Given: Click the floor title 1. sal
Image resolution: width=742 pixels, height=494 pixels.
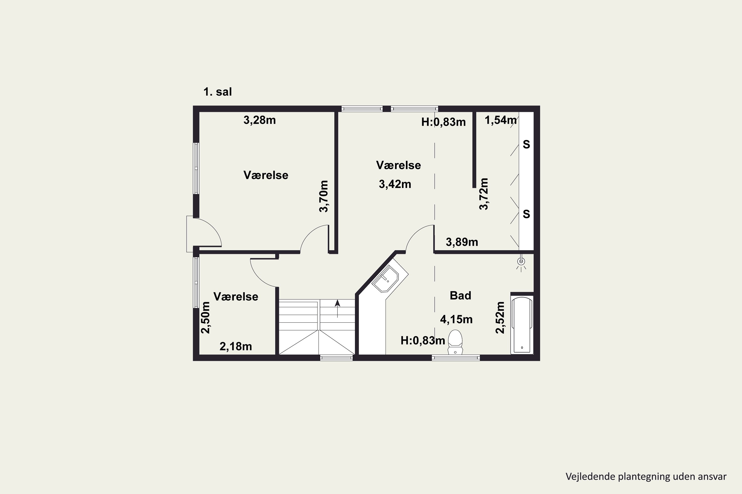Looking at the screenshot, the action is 218,92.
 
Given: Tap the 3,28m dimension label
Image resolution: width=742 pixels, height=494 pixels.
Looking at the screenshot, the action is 260,120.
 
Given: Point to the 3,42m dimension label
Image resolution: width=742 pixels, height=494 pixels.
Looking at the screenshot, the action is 395,184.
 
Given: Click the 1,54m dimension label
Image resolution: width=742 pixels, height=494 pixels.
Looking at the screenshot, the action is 501,120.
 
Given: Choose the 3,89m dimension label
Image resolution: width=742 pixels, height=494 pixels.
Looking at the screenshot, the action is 462,242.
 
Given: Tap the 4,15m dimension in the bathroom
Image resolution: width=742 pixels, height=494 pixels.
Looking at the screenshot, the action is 456,319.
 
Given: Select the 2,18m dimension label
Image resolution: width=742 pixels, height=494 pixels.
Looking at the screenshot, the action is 236,347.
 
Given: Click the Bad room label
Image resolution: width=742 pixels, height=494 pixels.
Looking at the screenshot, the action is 460,295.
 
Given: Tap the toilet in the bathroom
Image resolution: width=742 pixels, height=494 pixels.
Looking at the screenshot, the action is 455,342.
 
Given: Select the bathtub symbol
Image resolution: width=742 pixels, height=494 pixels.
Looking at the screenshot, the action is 522,325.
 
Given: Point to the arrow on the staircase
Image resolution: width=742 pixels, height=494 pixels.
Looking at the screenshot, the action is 338,309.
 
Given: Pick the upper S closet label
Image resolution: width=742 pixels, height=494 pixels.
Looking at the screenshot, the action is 526,144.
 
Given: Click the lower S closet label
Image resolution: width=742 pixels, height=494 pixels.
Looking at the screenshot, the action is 526,214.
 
